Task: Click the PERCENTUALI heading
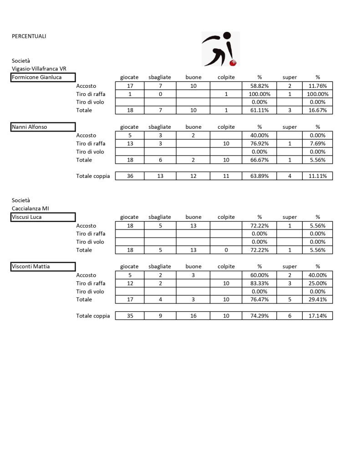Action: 29,36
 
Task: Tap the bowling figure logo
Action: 220,49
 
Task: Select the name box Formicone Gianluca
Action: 43,77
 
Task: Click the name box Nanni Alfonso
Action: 43,127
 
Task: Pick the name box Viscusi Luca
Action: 43,217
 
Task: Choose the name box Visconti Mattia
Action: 43,267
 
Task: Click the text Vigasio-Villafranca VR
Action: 39,69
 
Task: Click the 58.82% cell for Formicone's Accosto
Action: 259,86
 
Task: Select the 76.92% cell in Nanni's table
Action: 259,143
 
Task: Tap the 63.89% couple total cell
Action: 259,176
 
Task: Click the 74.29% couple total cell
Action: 259,316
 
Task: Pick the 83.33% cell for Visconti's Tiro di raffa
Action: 259,283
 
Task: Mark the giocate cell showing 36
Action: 130,176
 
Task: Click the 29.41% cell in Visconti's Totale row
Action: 318,299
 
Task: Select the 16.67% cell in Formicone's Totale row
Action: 318,110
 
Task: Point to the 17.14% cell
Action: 318,316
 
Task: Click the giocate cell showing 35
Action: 130,316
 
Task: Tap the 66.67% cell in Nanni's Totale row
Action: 259,160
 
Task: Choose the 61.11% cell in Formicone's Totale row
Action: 259,110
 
